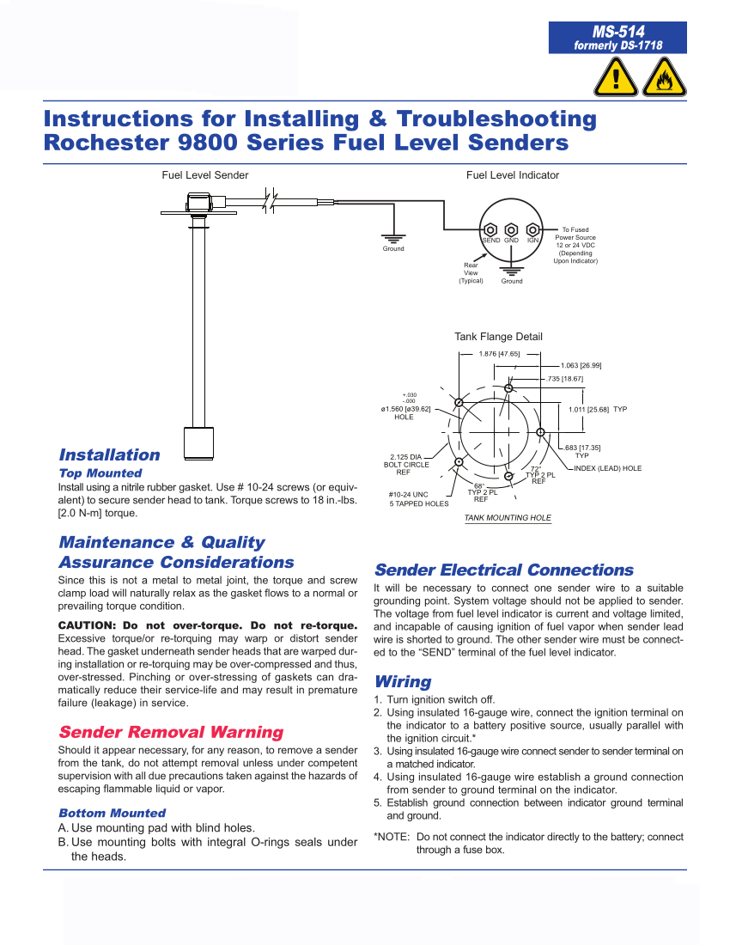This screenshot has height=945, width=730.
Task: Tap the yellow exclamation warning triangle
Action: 614,78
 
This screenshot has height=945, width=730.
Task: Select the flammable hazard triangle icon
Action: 663,78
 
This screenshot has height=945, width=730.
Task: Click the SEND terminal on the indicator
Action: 490,229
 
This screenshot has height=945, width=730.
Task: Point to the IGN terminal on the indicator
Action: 532,229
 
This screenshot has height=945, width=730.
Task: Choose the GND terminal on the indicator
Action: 511,229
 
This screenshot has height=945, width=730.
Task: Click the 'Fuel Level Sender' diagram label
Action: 205,175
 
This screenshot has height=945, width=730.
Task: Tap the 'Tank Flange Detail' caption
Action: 498,337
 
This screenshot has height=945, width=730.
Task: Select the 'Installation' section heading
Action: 109,455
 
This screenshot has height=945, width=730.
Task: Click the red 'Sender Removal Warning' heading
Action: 171,732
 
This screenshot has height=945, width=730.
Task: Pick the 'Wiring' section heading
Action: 403,682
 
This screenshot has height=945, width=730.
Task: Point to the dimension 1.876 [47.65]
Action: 499,354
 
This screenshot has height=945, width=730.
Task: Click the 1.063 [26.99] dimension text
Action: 581,366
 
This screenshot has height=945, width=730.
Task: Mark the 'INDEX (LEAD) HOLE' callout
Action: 607,469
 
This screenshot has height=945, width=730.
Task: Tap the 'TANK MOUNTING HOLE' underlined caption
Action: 508,518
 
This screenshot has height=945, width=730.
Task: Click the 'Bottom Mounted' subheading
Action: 112,813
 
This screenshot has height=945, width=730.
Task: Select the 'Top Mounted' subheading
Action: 100,473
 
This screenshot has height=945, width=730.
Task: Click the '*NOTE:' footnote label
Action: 392,837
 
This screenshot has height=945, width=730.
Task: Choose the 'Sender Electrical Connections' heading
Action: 504,570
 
